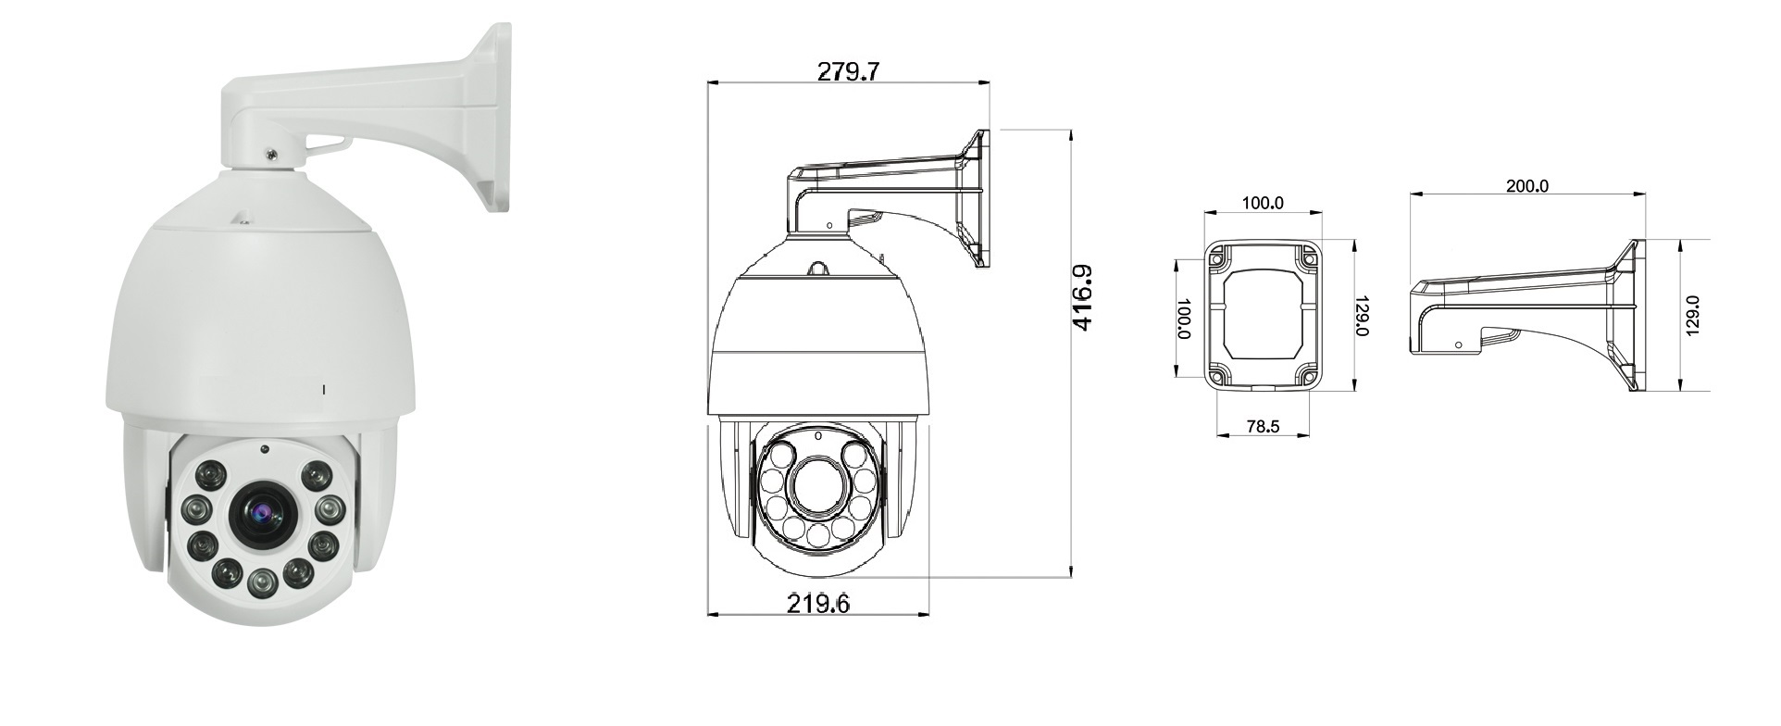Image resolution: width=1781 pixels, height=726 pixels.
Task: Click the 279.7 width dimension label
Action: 847,71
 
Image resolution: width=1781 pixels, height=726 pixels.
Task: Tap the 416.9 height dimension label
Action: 1081,298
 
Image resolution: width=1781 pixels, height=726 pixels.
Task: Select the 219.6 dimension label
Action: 818,604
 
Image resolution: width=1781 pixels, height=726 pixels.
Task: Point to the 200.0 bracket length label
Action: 1526,185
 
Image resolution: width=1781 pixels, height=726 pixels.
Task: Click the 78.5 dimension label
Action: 1263,427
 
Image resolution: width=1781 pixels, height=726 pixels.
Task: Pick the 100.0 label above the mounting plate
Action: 1263,203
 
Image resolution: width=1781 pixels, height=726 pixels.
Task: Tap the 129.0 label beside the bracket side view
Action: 1692,316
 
